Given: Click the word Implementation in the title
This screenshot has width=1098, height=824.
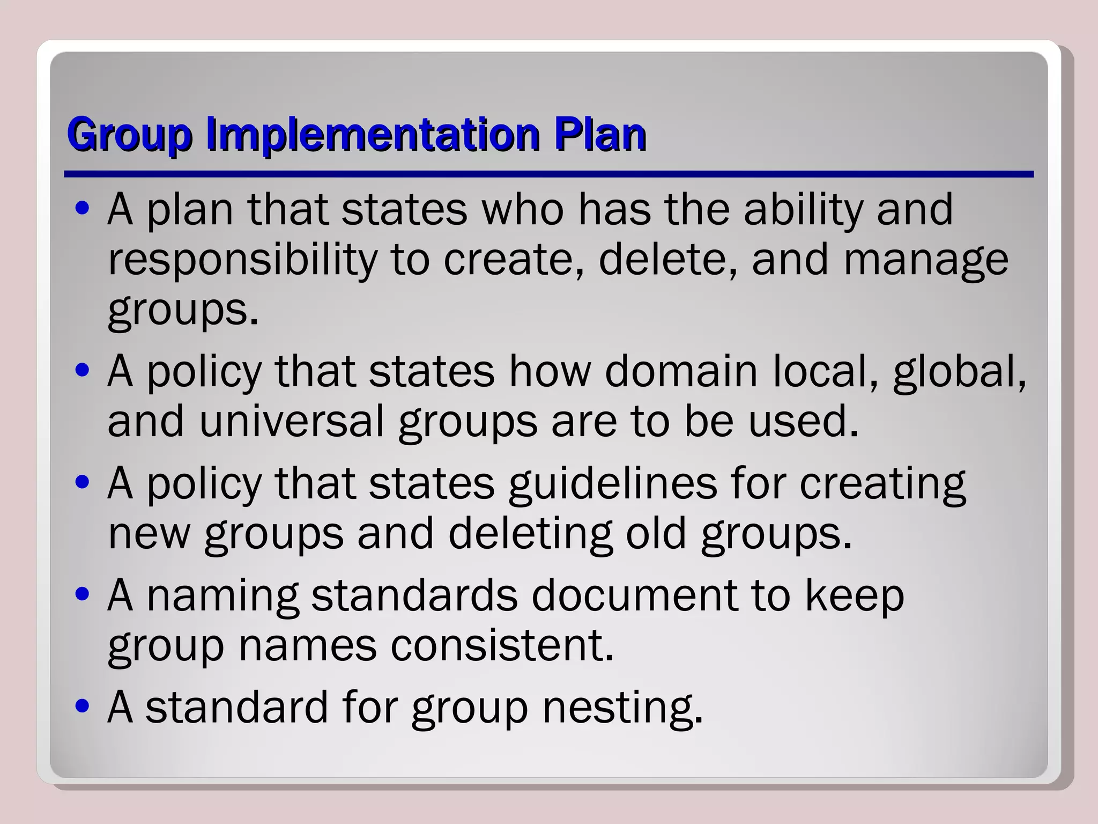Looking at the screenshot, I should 373,134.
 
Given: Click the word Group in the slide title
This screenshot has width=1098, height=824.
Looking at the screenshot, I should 129,134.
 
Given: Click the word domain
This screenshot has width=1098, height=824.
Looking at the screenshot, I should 681,371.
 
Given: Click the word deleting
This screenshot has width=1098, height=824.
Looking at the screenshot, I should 530,534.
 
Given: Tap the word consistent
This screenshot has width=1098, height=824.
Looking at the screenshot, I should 502,646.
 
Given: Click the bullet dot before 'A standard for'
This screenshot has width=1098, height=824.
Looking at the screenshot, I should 83,707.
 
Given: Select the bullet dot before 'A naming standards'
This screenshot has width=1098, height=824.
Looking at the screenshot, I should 83,594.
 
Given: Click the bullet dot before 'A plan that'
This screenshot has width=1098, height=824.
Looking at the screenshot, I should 83,209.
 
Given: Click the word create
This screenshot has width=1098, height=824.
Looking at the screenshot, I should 513,260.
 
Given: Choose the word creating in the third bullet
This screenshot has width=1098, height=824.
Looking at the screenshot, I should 882,484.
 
